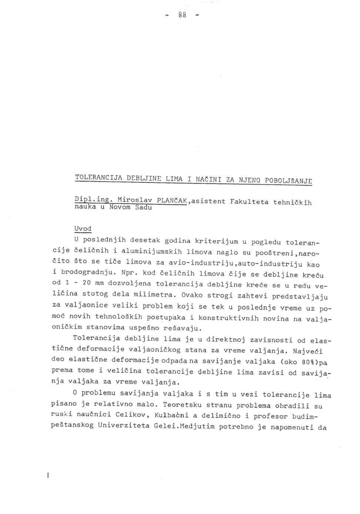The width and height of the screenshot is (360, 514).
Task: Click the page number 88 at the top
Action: point(182,16)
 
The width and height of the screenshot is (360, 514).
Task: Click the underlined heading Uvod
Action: point(83,229)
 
